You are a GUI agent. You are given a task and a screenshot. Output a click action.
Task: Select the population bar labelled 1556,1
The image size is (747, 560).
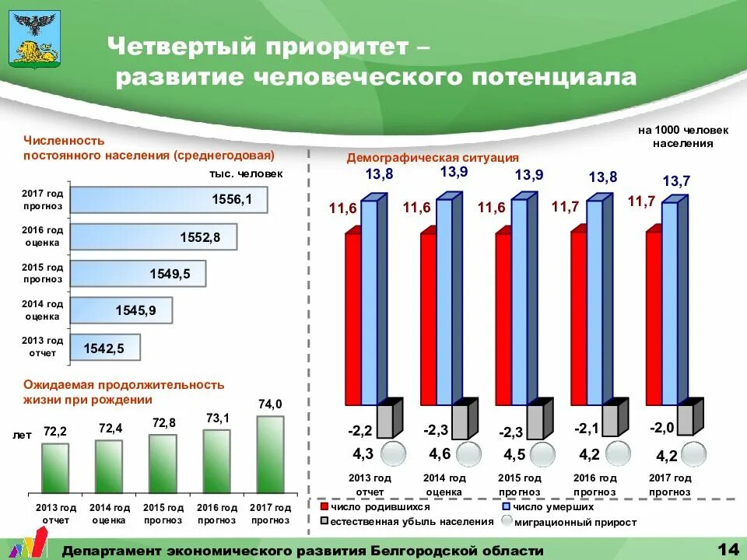[169, 200]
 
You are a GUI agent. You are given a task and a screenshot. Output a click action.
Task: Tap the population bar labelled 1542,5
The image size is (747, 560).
[105, 348]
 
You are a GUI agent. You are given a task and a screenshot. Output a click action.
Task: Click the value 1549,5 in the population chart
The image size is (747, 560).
[170, 274]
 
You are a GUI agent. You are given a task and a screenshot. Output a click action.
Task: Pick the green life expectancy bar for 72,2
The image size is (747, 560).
[55, 468]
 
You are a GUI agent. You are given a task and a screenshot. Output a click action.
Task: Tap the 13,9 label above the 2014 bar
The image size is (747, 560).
[454, 172]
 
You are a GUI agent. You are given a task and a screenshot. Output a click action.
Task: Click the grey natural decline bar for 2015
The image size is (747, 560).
[534, 421]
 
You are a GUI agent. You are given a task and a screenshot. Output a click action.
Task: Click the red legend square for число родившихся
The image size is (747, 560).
[324, 506]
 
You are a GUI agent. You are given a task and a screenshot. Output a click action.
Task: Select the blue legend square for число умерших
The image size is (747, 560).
[506, 506]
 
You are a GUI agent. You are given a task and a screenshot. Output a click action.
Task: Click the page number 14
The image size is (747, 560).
[728, 549]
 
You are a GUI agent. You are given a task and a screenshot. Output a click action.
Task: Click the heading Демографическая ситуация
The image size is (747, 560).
[433, 157]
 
